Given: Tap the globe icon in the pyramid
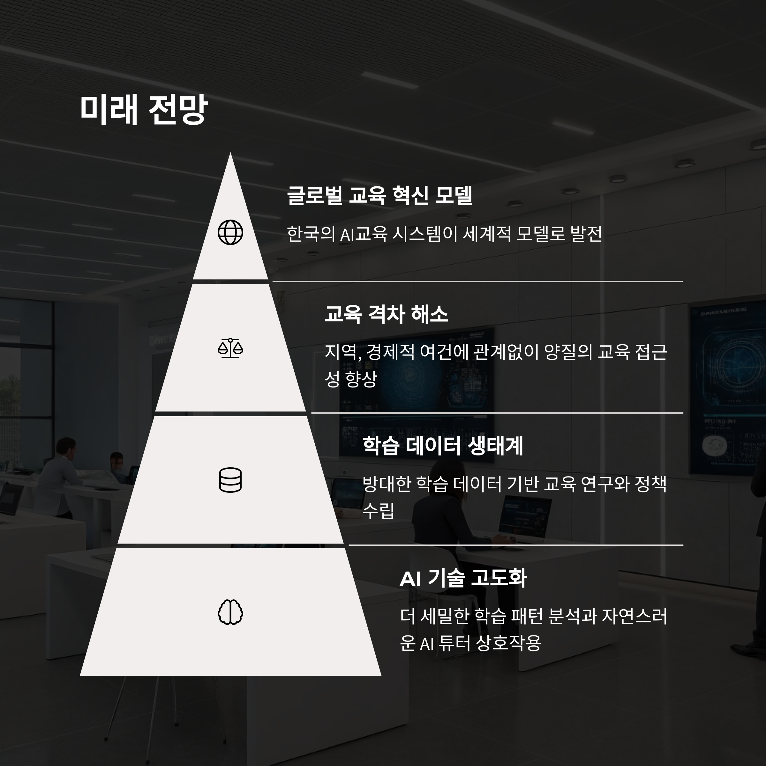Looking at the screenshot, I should (x=230, y=232).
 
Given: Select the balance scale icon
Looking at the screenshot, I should (x=230, y=348).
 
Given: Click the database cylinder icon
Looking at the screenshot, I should (x=230, y=480).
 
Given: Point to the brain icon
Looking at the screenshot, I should (x=230, y=612).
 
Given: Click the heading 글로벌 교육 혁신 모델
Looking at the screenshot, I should (x=379, y=195).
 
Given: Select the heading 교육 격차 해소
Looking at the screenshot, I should (x=386, y=314).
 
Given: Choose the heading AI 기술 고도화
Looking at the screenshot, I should (x=463, y=578).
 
